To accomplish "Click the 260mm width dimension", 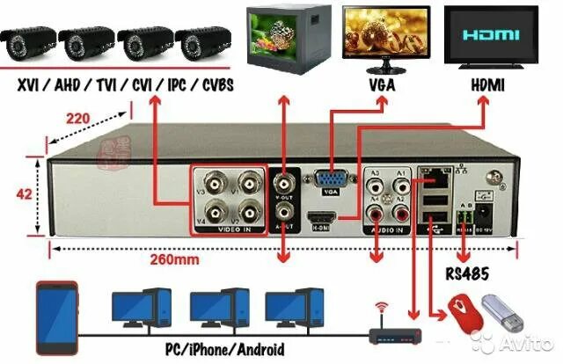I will pos(174,259).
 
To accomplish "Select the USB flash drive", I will pos(504,310).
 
